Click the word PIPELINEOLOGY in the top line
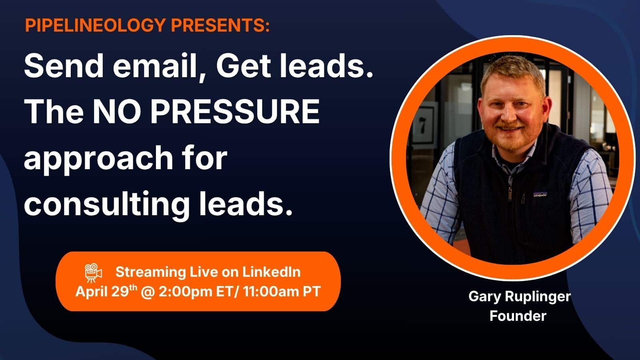click(x=94, y=26)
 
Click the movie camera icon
click(x=94, y=273)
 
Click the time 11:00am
click(x=270, y=291)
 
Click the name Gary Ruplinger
click(x=519, y=297)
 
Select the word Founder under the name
click(x=518, y=316)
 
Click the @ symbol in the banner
click(x=147, y=291)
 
